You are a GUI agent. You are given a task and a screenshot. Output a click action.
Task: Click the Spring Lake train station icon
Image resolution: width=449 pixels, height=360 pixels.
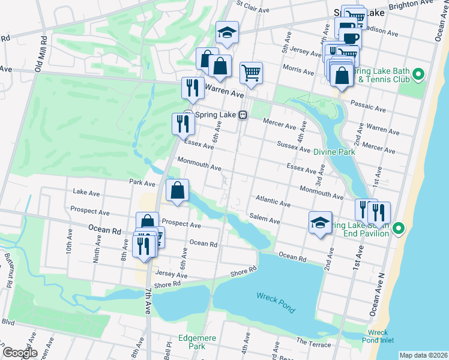pyautogui.click(x=243, y=115)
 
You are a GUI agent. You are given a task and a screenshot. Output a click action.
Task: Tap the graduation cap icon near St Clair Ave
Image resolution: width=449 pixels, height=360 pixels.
pyautogui.click(x=228, y=33)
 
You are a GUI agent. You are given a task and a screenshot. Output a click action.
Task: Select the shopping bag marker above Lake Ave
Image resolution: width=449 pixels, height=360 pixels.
pyautogui.click(x=178, y=191)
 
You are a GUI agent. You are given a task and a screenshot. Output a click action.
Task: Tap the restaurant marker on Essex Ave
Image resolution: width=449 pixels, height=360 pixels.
pyautogui.click(x=183, y=124)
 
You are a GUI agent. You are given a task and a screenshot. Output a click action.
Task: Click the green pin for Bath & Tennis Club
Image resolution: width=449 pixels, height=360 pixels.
pyautogui.click(x=420, y=75)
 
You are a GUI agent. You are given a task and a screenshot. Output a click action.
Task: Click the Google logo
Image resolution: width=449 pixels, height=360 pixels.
pyautogui.click(x=20, y=353)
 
